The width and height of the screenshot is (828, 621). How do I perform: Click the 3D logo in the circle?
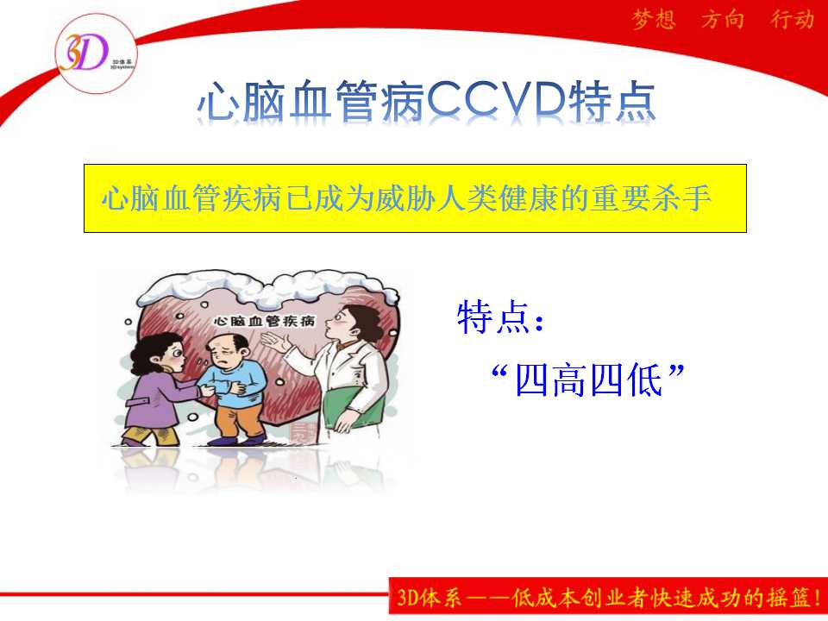pos(96,53)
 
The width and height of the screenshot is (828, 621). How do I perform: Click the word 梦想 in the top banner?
pos(654,20)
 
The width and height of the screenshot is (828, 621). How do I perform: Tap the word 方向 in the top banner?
pos(723,20)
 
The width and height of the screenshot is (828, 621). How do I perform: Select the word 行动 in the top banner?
pos(792,20)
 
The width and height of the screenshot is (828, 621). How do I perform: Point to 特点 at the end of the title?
pos(612,100)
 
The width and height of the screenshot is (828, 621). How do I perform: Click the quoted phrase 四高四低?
pos(588,380)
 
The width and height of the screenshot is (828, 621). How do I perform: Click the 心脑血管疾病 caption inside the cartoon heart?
pos(265,321)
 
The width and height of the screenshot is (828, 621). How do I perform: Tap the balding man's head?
pos(227,351)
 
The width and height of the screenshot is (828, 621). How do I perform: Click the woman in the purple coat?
pos(157,389)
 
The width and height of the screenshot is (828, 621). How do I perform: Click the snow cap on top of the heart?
pos(267,288)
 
